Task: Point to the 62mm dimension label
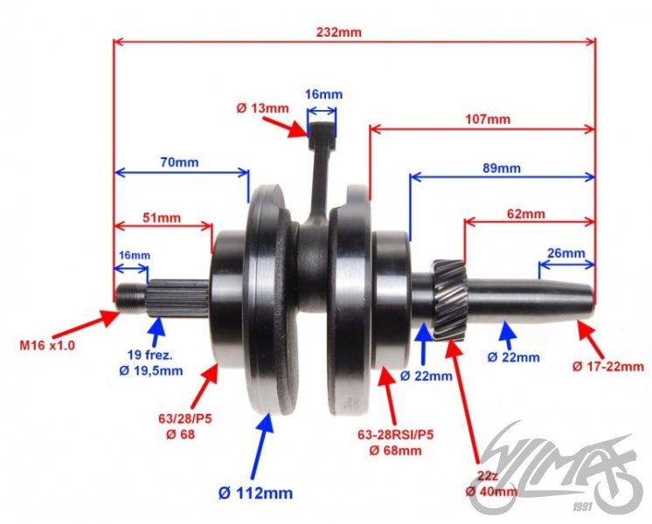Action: coord(524,214)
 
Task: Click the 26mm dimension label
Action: coord(565,253)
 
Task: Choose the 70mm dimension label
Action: coord(179,162)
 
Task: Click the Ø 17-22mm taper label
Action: coord(607,366)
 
